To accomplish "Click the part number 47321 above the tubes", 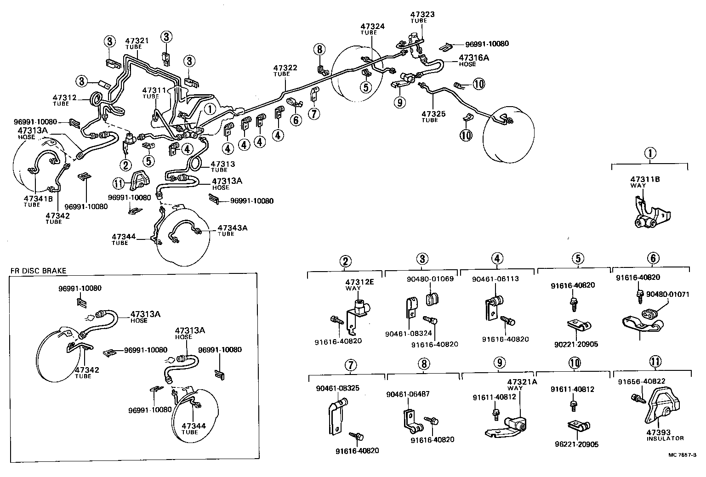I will point(137,41).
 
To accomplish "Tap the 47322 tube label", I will point(285,68).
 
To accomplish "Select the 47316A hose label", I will point(473,58).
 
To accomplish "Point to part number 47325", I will point(433,114).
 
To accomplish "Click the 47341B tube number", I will point(38,199).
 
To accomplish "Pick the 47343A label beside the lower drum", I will point(232,227).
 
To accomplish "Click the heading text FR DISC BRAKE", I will point(38,271).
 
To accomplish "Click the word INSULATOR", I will point(665,438).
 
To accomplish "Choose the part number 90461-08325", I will point(338,388).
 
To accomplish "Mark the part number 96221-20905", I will point(576,444).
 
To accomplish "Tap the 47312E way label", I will point(359,282).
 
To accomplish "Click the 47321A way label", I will point(522,382).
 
